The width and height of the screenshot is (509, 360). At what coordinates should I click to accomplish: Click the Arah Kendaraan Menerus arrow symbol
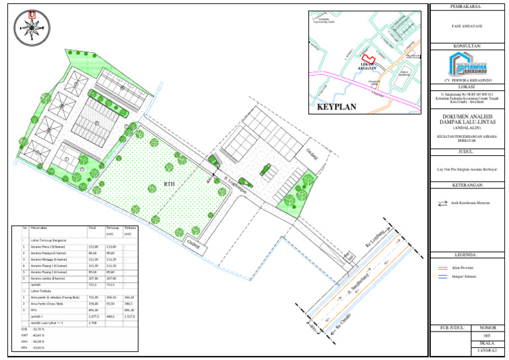pyautogui.click(x=443, y=204)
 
